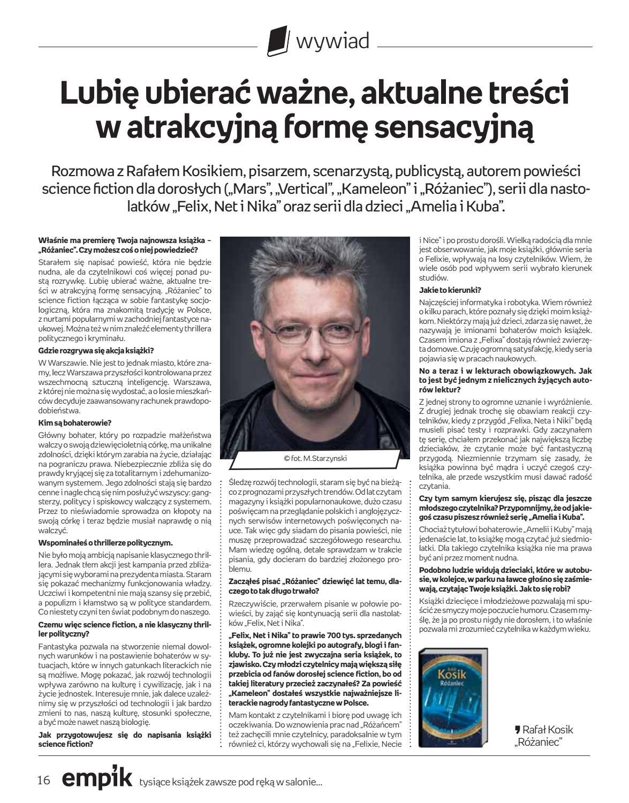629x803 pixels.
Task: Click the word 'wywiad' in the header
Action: [332, 41]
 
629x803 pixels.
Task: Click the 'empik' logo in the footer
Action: [96, 779]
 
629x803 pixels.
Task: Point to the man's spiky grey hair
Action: [316, 268]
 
